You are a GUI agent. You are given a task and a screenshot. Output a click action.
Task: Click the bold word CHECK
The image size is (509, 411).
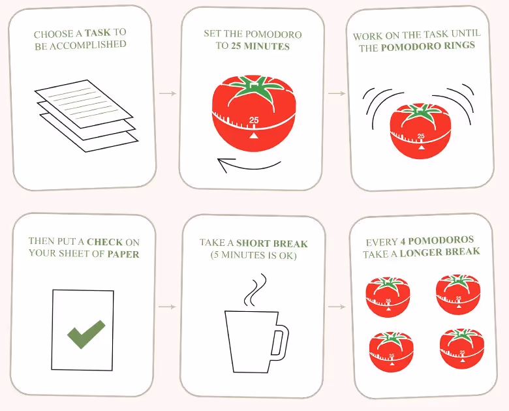click(104, 241)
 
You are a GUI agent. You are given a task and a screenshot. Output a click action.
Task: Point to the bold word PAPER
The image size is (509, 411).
click(123, 254)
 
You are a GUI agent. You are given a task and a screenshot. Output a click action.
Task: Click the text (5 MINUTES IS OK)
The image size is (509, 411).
click(253, 256)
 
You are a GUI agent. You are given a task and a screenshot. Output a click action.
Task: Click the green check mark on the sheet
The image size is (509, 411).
click(86, 333)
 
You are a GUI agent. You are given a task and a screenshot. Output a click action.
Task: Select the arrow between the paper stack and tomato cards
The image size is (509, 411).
click(168, 94)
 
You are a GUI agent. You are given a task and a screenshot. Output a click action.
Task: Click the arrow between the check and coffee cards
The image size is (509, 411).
click(168, 306)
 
